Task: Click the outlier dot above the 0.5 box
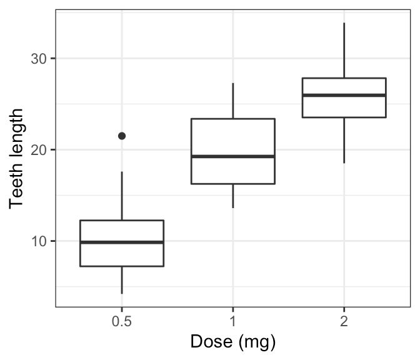pos(122,136)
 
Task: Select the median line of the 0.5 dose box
pos(121,242)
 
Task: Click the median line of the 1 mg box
pos(232,156)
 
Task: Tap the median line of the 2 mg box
pos(344,95)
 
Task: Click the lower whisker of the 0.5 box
pos(121,280)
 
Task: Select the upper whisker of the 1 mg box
pos(232,101)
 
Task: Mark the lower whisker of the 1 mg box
pos(232,196)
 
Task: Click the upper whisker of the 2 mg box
pos(344,50)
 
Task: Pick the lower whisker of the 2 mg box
pos(344,140)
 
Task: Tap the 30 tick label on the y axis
pos(39,59)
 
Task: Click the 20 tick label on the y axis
pos(39,150)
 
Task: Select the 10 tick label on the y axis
pos(39,241)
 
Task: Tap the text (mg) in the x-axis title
pos(257,342)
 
